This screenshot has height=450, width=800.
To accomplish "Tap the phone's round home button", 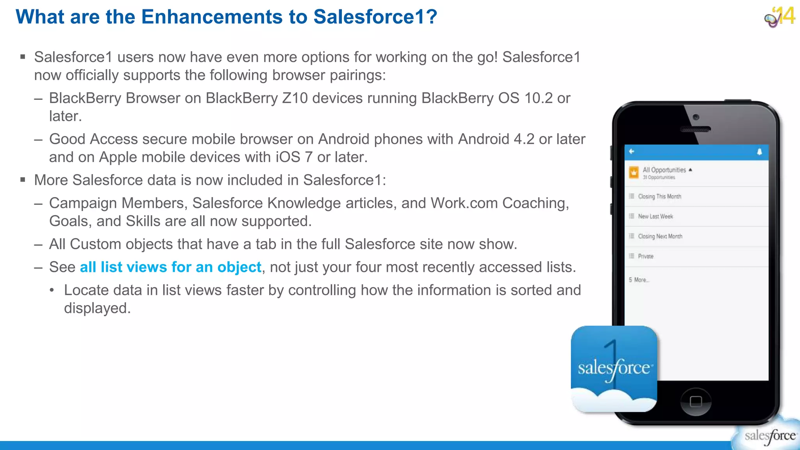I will (696, 401).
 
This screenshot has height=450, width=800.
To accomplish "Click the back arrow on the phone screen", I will (632, 152).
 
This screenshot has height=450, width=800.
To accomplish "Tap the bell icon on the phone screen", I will (759, 152).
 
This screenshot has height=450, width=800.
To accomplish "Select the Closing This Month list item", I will (659, 196).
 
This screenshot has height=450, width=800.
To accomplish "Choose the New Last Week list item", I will (655, 216).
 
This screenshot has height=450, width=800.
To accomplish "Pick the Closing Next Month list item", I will (660, 236).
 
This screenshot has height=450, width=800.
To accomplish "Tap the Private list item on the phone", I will (646, 256).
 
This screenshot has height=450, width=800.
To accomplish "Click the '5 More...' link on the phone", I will (639, 280).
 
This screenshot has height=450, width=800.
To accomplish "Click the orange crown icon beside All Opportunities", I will (634, 172).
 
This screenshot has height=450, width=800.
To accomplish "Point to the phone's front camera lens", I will (696, 117).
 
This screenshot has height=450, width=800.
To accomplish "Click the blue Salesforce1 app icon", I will (614, 368).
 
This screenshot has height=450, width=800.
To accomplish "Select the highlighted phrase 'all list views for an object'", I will (170, 267).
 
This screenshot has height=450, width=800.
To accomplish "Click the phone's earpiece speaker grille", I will (695, 130).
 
